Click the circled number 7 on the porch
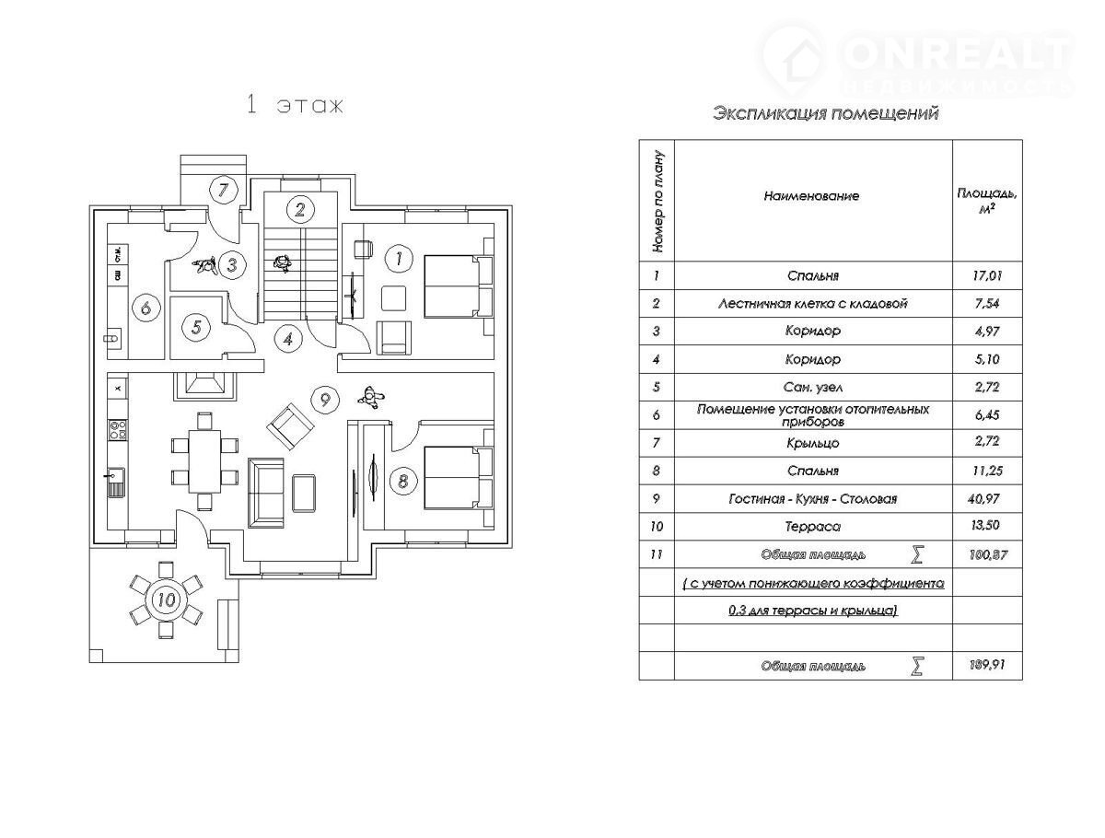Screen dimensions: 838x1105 coord(222,191)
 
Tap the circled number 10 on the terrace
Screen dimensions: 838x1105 coord(167,599)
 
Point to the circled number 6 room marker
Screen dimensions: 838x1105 coord(145,307)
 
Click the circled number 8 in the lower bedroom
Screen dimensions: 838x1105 coord(400,480)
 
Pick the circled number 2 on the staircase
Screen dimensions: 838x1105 coord(299,209)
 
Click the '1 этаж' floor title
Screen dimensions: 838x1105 coord(295,104)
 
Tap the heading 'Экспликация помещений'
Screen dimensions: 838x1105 coord(825,114)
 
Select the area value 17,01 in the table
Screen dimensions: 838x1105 coord(986,275)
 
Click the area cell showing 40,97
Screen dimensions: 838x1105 coord(986,499)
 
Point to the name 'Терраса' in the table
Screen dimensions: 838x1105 coord(813,527)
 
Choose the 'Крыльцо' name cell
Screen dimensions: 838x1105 coord(813,443)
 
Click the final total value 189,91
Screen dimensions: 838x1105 coord(986,666)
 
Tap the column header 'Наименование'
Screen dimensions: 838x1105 coord(810,197)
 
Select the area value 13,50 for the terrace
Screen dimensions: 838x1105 coord(986,527)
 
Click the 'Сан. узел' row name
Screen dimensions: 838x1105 coord(813,387)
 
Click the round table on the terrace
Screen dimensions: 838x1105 coord(167,599)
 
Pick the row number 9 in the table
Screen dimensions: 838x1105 coord(657,499)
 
